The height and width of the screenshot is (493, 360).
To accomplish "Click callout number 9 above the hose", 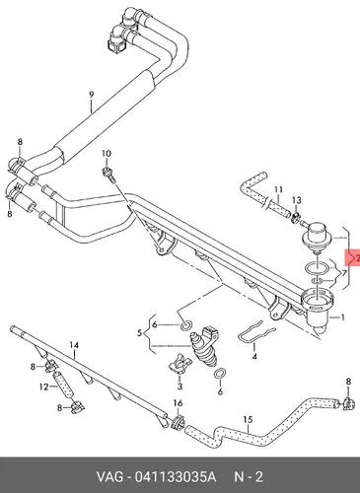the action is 92,95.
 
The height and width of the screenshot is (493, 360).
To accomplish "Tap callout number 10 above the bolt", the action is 107,154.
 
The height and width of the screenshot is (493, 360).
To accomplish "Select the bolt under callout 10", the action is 109,175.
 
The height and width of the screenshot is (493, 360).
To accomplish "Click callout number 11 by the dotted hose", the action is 278,189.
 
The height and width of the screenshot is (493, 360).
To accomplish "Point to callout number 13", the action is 296,200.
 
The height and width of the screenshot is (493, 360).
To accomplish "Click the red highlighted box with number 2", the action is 352,258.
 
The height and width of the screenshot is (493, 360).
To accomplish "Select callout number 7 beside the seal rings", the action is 344,273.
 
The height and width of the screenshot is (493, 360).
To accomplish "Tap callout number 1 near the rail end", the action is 342,317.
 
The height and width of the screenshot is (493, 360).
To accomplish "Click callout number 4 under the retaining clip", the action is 254,356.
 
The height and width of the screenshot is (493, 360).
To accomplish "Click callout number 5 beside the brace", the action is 139,333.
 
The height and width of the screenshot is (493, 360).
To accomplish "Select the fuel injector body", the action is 204,347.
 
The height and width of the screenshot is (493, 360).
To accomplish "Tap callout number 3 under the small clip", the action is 180,387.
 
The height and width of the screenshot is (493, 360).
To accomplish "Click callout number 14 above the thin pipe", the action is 74,345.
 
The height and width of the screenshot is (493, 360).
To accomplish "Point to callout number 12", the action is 43,387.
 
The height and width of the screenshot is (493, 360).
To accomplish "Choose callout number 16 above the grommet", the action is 178,403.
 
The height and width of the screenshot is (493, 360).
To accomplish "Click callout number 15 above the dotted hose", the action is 248,420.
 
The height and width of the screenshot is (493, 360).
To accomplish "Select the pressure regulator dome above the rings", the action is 315,236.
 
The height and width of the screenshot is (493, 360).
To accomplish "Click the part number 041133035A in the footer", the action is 176,476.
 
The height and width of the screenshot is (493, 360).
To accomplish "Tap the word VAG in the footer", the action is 109,476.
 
